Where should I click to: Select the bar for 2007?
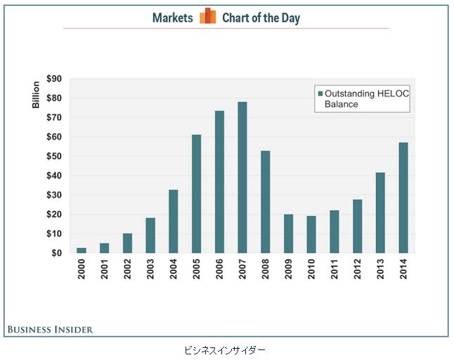242,177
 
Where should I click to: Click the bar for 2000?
82,250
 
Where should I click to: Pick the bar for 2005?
197,193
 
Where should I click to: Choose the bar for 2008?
266,202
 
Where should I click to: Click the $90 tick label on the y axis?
53,79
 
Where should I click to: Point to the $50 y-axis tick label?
53,157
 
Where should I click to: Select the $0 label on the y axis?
56,253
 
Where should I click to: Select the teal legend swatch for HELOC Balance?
319,94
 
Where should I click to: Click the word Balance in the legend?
341,104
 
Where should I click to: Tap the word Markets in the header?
172,18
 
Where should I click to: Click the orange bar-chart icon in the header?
207,17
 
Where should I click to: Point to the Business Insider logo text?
50,329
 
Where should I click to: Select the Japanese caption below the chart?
225,349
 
